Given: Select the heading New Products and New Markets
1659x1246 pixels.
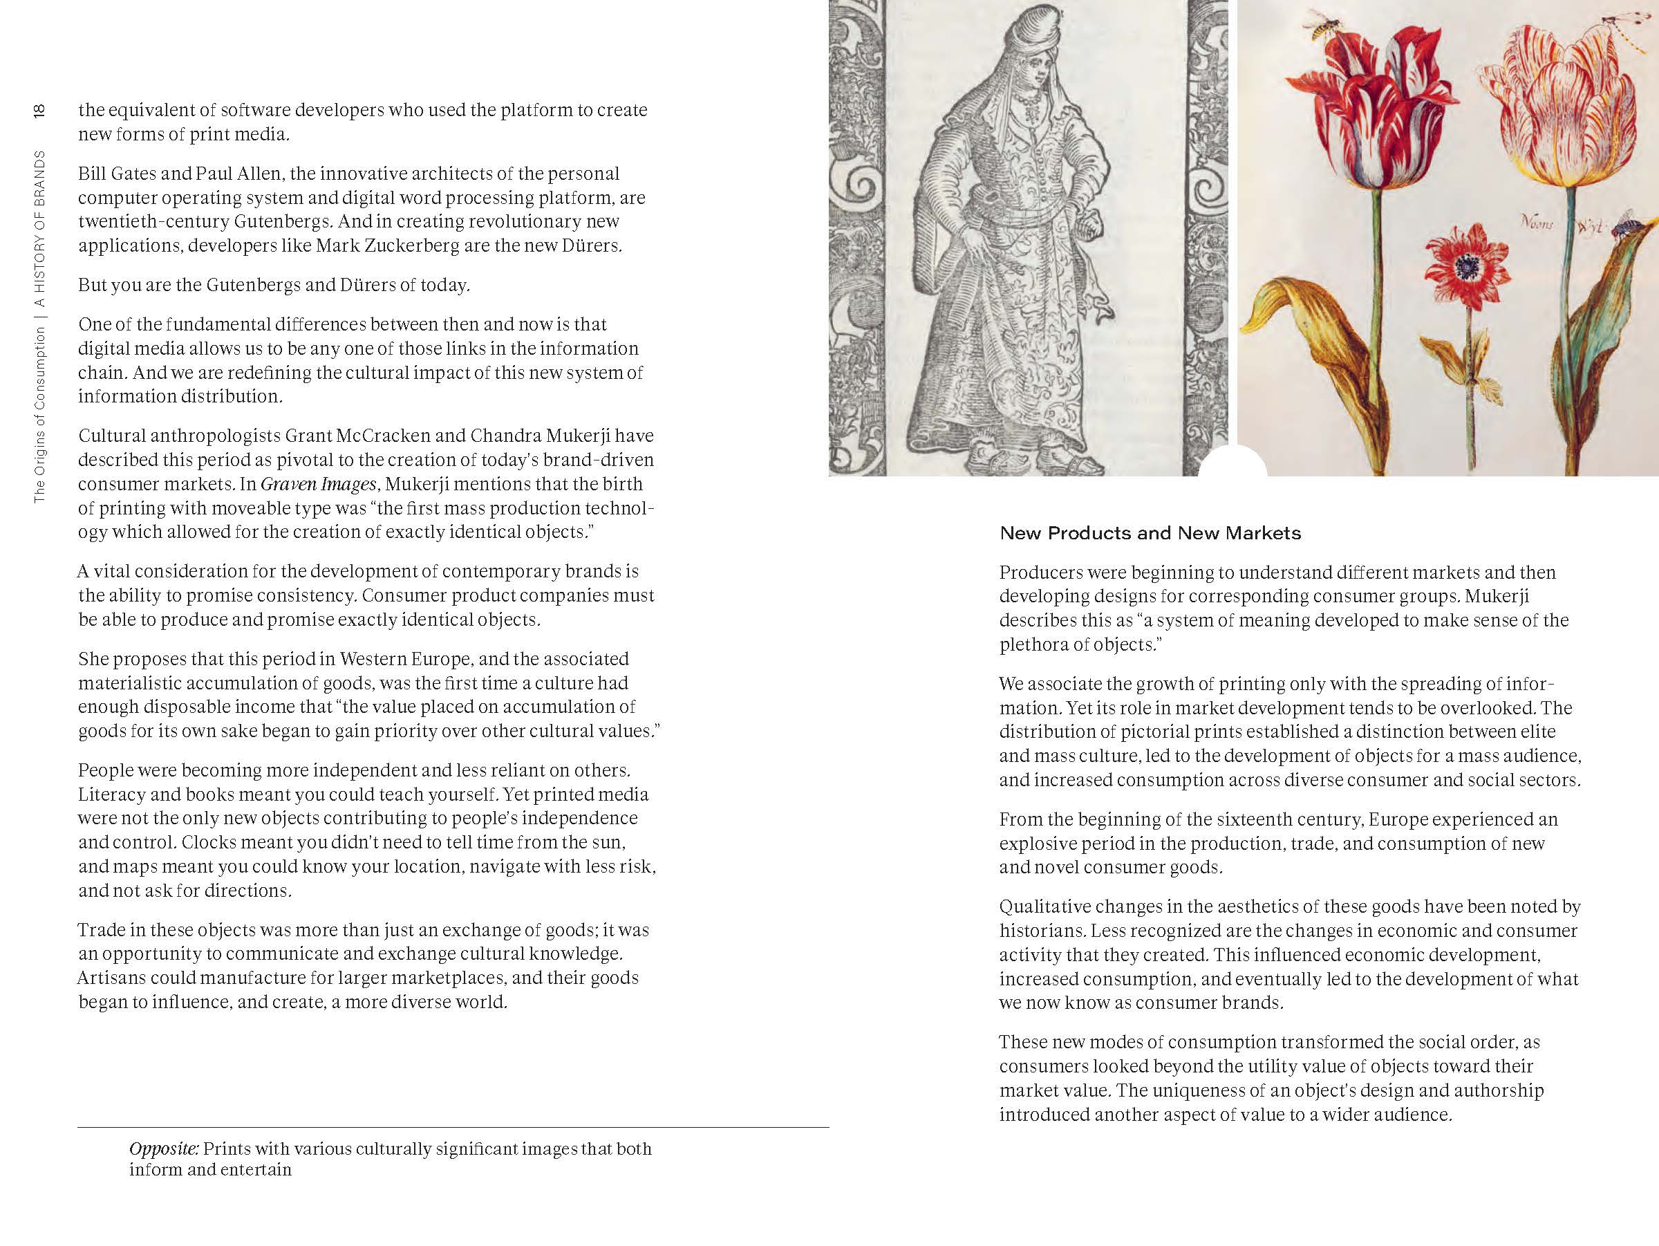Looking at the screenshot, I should point(1150,533).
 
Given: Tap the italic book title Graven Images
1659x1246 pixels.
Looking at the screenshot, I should point(318,484).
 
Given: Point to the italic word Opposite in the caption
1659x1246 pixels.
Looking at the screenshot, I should point(164,1149).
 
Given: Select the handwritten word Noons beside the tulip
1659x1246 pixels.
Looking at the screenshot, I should point(1536,222).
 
